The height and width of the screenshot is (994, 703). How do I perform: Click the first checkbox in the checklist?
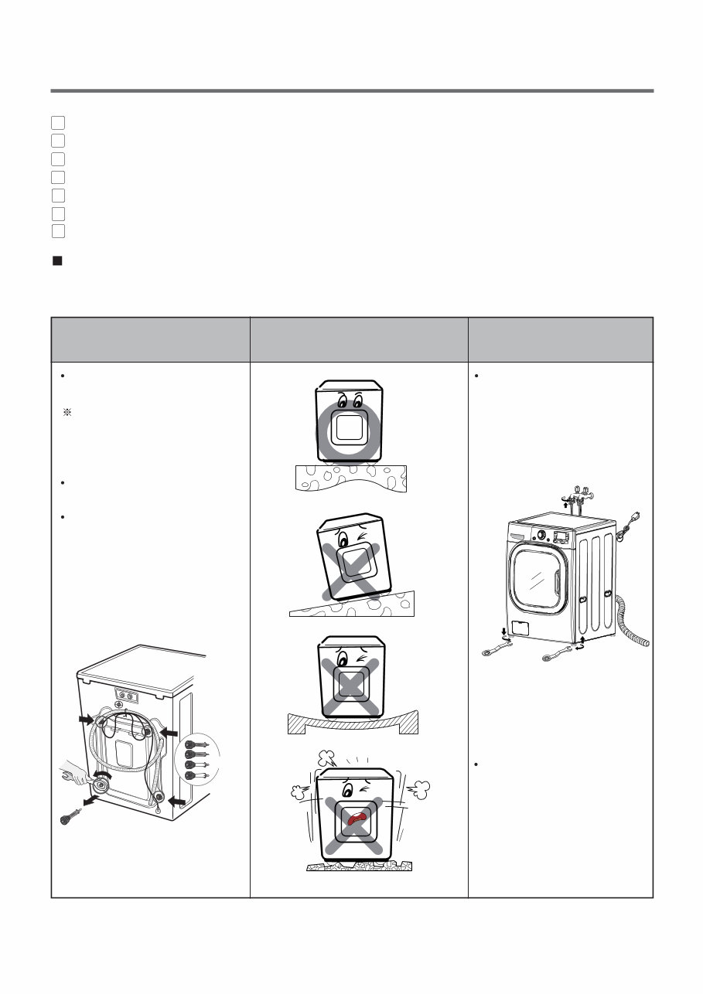tap(58, 122)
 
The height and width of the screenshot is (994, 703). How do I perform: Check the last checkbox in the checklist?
tap(58, 230)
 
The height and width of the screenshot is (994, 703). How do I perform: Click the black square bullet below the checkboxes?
tap(56, 261)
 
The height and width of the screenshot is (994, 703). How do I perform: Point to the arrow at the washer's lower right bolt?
tap(178, 802)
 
